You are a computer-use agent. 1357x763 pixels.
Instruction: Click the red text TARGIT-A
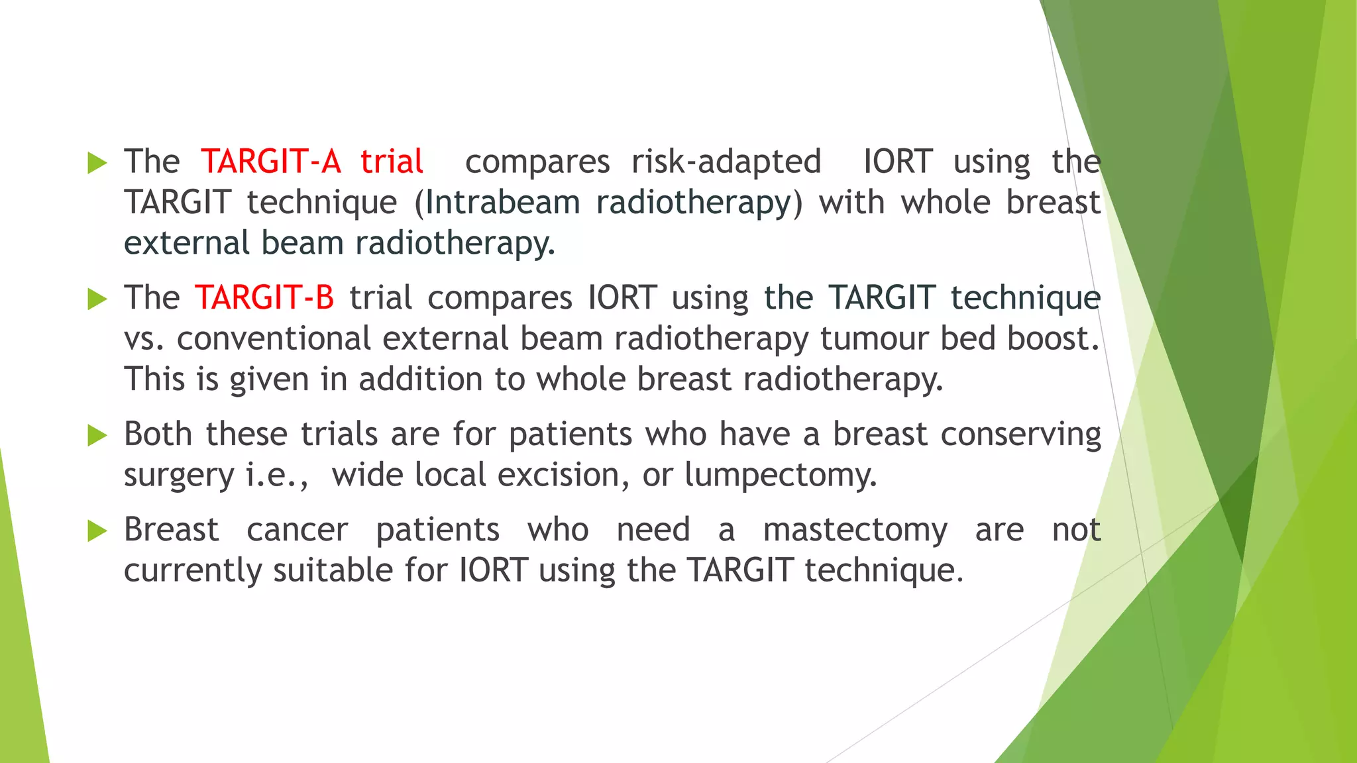coord(270,162)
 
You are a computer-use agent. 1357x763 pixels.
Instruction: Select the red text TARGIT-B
coord(264,297)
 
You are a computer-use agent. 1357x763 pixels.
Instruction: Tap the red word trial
coord(392,162)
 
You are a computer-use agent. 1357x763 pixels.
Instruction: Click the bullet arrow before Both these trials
coord(97,435)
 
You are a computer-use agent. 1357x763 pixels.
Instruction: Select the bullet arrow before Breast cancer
coord(97,531)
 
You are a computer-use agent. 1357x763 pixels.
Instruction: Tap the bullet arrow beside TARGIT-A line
coord(97,162)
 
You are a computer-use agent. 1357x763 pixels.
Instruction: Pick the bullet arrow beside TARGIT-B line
coord(97,299)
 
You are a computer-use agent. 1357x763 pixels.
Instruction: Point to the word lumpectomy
coord(781,476)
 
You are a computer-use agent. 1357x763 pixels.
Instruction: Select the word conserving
coord(1020,435)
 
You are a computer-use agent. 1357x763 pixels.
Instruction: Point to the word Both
coord(158,434)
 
